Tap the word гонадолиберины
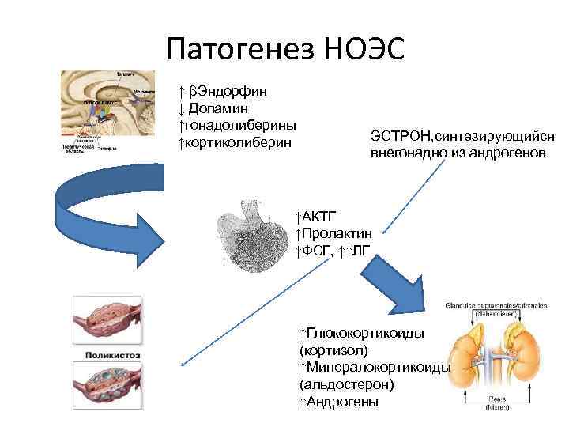[240, 125]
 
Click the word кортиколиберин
[238, 142]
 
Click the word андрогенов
[505, 152]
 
